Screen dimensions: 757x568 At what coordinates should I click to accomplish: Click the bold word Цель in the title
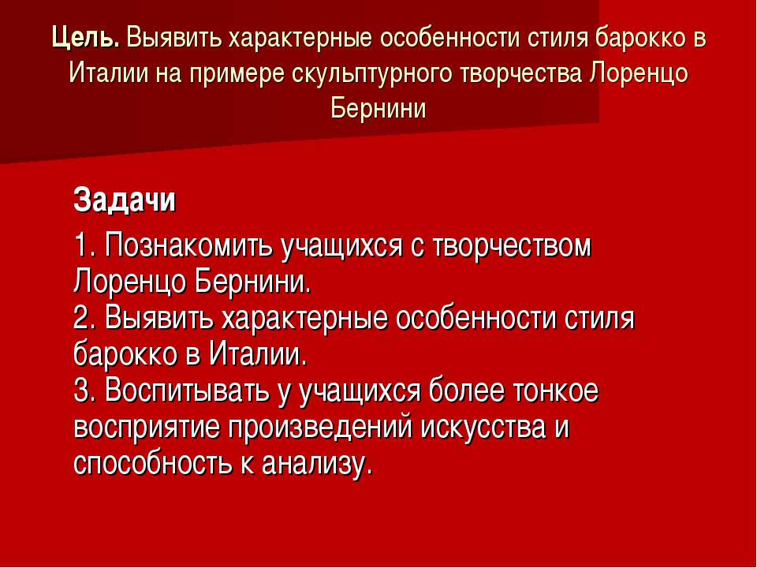85,38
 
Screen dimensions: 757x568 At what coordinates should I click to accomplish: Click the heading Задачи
125,199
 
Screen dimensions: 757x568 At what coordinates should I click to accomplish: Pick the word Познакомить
189,245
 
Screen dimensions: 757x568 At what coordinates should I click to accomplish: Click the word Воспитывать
187,391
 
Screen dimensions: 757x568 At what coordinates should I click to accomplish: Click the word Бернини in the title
378,109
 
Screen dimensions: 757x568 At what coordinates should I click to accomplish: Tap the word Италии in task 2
257,355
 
